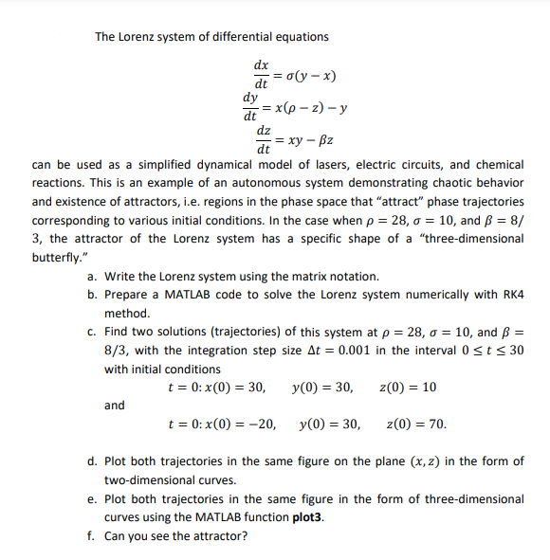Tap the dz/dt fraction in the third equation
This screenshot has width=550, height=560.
pyautogui.click(x=266, y=140)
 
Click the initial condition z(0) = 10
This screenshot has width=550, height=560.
pyautogui.click(x=408, y=388)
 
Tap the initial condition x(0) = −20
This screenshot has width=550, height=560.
pyautogui.click(x=232, y=425)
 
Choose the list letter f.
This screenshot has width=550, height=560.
pyautogui.click(x=90, y=535)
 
